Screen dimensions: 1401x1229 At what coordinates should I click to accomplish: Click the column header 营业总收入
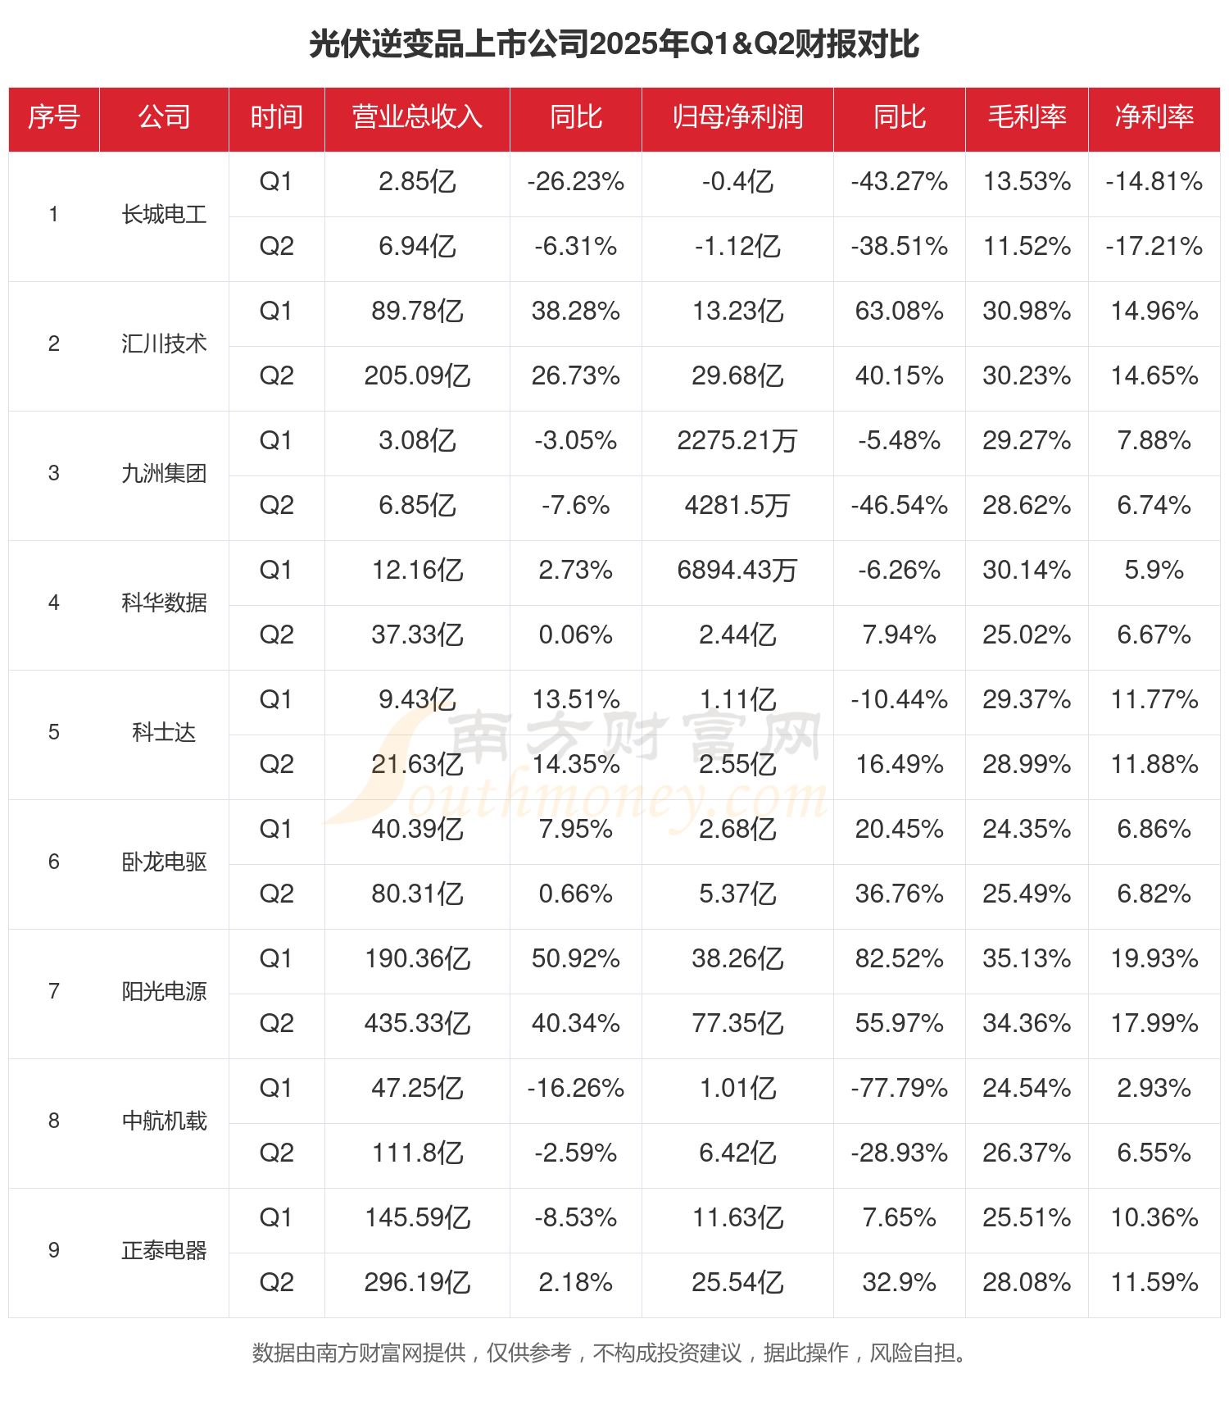(417, 117)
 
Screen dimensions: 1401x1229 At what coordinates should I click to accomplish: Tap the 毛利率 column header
(1027, 117)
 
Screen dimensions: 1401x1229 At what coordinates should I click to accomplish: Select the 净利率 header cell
(1154, 117)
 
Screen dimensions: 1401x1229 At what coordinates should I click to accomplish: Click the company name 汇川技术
(164, 344)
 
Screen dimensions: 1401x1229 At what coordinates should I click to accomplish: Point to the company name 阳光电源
(164, 992)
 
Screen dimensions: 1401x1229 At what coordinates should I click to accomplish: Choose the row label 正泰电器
(164, 1251)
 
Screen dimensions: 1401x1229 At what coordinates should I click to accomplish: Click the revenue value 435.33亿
(417, 1024)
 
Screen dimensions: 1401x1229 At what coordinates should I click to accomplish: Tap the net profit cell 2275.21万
(737, 441)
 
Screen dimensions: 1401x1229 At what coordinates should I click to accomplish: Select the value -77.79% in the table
(899, 1089)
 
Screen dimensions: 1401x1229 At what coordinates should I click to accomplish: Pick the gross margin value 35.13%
(1027, 959)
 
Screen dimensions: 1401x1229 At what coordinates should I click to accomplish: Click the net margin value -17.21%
(1154, 247)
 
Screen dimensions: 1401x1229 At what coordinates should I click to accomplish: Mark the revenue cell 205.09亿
(417, 376)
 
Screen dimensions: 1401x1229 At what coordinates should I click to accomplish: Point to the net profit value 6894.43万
(737, 571)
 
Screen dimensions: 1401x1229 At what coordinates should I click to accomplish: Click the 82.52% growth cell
(899, 959)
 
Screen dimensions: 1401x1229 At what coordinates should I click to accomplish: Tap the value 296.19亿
(417, 1283)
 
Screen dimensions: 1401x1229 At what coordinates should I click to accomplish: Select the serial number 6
(54, 862)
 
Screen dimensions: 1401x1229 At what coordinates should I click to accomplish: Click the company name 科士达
(164, 733)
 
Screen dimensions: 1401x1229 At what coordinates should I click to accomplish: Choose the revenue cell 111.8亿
(417, 1153)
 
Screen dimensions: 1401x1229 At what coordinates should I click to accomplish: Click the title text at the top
(614, 44)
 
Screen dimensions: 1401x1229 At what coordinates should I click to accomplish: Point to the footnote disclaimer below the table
(610, 1353)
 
